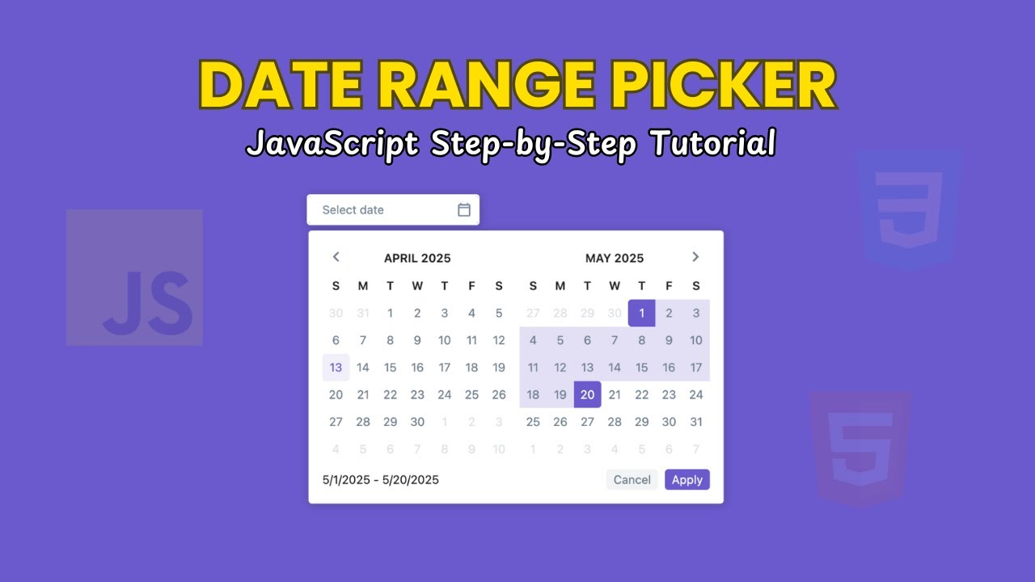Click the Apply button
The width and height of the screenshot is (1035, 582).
686,479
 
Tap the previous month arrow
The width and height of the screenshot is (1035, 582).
336,257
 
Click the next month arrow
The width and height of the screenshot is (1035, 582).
695,257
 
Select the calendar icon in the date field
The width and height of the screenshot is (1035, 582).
464,209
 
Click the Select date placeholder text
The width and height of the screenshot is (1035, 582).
353,210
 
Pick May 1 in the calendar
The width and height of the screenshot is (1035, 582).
641,313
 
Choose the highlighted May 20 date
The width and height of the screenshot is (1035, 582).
587,394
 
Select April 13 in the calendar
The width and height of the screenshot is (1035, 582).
336,367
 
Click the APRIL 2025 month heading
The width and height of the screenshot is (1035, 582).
417,258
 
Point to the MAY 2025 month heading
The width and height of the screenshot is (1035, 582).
615,258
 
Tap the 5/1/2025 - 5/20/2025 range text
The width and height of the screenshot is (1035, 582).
380,479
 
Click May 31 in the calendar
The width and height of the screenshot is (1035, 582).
695,421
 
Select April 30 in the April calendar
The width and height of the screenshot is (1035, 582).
417,421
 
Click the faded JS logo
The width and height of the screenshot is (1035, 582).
134,278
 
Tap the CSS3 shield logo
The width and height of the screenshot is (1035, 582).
909,209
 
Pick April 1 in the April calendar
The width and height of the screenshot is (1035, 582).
390,313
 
